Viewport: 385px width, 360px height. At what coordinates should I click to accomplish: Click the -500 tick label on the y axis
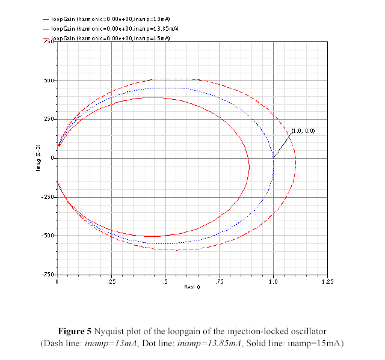pos(46,236)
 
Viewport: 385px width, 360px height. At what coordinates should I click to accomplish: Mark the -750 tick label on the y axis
pos(46,275)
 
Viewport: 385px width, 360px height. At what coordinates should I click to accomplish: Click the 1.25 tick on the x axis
pos(327,281)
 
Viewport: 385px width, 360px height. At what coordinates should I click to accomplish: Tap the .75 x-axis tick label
pos(219,281)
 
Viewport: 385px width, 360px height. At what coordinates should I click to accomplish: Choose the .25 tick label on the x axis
pos(111,281)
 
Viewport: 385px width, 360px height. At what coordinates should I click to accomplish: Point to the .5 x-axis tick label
pos(165,281)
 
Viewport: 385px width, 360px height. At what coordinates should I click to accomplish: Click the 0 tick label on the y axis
pos(52,158)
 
